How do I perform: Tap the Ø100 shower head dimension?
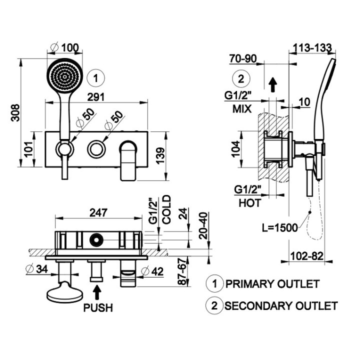click(65, 48)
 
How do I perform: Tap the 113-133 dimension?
click(311, 48)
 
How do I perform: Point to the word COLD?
click(167, 208)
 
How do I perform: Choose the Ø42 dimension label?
click(153, 271)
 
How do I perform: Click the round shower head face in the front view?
click(64, 75)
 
